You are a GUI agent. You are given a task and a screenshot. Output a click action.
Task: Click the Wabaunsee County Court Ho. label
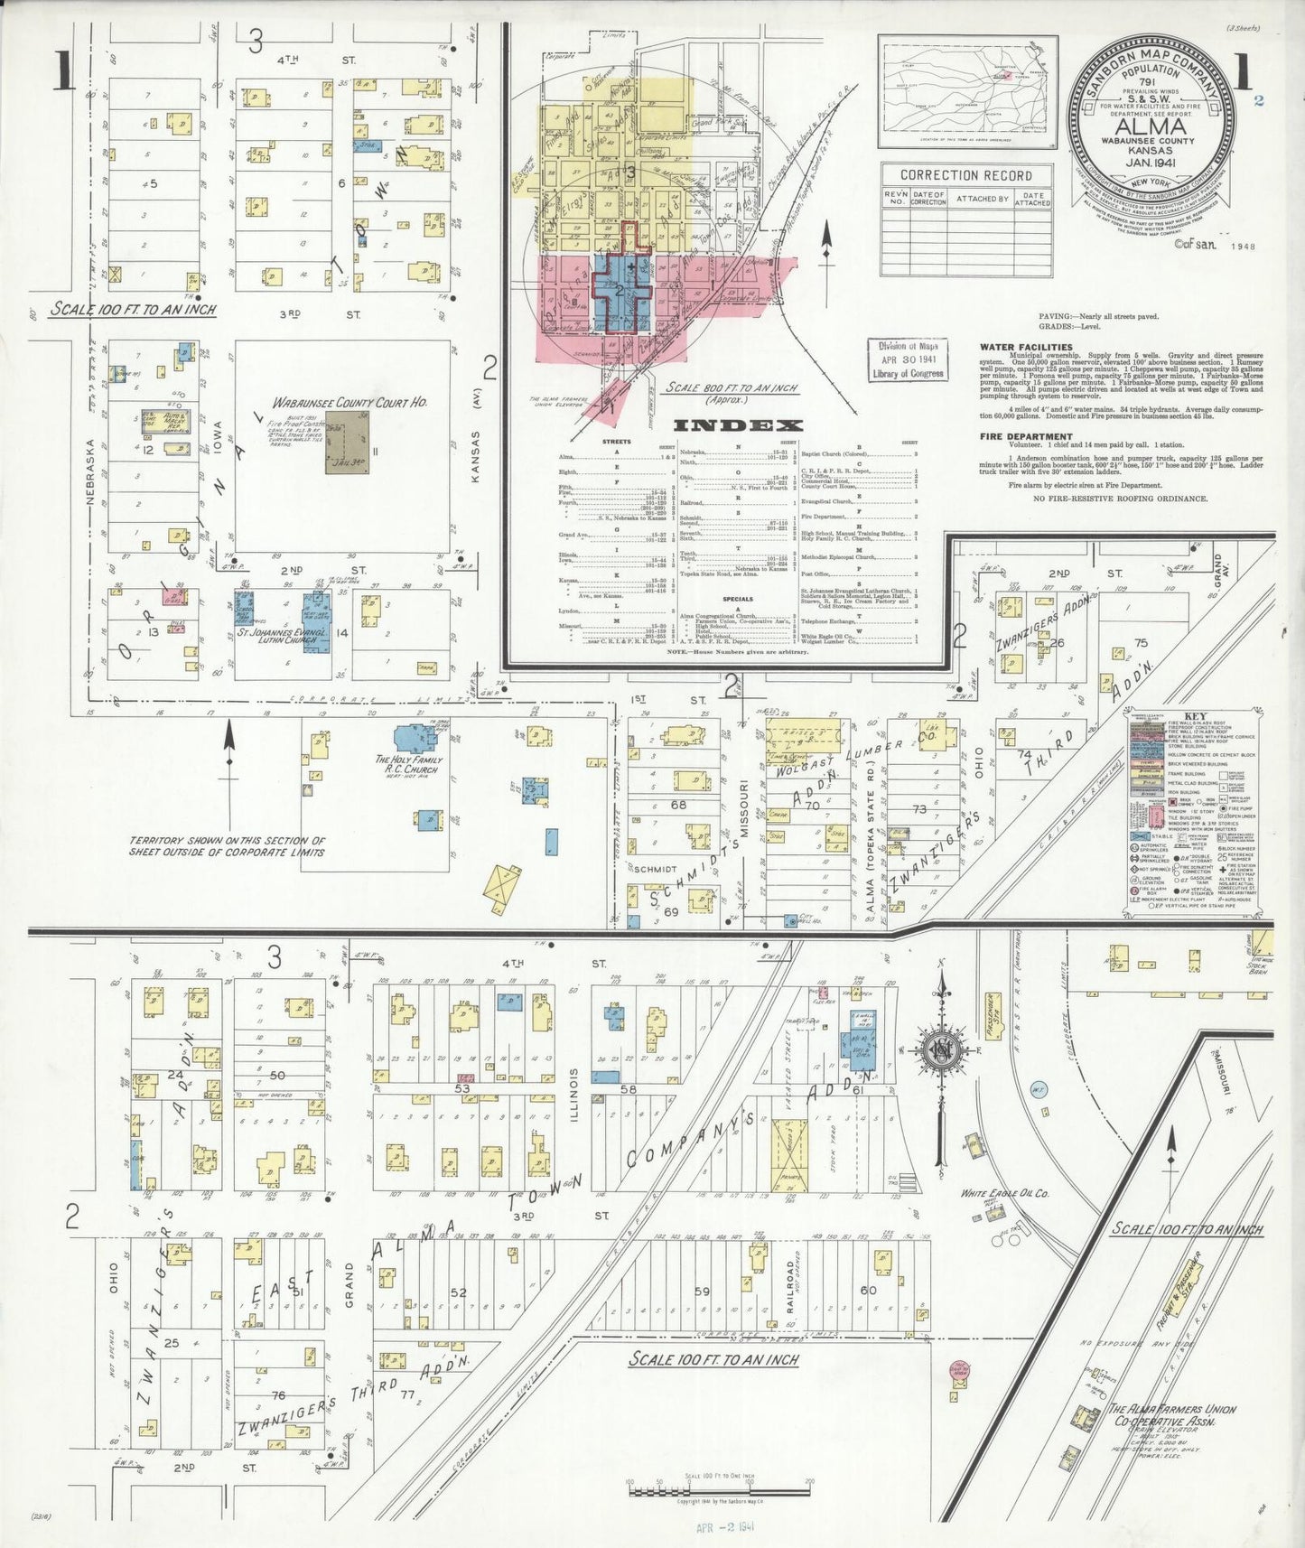(x=350, y=402)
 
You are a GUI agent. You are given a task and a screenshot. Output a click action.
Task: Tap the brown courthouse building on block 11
(x=347, y=443)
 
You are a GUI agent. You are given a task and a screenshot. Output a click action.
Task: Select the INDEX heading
(x=738, y=425)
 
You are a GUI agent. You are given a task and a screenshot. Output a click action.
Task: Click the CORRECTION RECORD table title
(x=965, y=175)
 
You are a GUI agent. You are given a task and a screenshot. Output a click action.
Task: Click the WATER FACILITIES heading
(x=1026, y=347)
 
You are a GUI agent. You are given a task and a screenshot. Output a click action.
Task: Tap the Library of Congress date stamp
(x=909, y=359)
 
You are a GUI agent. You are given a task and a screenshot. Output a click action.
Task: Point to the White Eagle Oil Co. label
(x=1003, y=1193)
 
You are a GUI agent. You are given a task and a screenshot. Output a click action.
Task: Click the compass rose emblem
(x=939, y=1049)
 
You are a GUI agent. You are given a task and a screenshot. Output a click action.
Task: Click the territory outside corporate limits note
(x=226, y=845)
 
